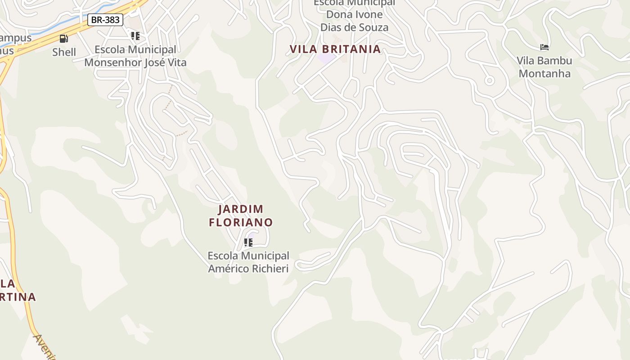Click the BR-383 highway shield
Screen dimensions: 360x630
pos(105,20)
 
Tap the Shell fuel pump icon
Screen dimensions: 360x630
pos(64,39)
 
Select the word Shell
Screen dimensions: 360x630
pos(64,52)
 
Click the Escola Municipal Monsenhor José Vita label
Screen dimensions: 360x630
pos(135,56)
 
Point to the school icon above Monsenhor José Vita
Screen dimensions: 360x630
pos(135,36)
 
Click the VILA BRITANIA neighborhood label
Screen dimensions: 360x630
pos(335,49)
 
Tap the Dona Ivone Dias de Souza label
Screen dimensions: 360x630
pos(354,21)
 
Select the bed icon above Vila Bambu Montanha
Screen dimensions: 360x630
pos(544,47)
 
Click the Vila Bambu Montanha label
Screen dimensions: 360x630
pos(544,67)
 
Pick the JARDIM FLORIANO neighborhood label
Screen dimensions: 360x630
pos(241,216)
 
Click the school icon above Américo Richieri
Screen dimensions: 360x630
pos(248,243)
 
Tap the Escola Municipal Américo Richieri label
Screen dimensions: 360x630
pos(248,262)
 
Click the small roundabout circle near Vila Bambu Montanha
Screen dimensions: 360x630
pos(489,81)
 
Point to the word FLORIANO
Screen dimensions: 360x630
pos(241,222)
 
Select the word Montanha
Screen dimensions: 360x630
pos(544,74)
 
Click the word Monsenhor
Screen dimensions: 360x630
pos(112,63)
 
